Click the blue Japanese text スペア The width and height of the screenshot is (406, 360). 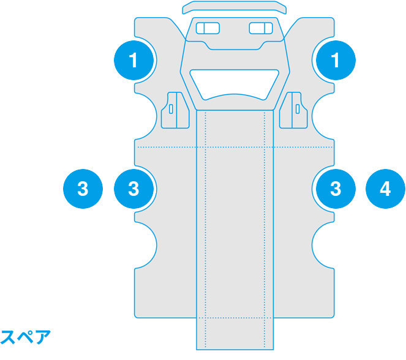point(25,337)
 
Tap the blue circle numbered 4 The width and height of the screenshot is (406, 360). point(385,189)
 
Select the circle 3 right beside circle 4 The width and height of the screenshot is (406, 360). point(336,189)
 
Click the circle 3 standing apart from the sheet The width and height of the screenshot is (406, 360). point(83,189)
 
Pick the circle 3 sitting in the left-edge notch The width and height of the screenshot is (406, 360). point(133,189)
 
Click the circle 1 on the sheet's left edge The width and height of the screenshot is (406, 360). point(133,60)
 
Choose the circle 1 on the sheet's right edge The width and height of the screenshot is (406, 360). point(336,60)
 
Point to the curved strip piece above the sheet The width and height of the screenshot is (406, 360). point(235,7)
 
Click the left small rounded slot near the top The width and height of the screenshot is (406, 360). point(208,28)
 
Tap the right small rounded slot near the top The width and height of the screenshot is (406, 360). point(261,28)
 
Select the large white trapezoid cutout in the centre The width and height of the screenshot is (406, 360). point(235,84)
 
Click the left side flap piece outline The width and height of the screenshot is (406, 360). point(175,110)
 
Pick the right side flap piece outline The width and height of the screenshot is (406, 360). point(293,110)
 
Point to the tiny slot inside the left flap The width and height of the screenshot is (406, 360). point(171,109)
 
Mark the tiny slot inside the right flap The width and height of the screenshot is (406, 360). point(298,109)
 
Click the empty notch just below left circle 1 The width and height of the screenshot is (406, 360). point(146,116)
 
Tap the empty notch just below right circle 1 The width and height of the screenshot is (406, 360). point(323,116)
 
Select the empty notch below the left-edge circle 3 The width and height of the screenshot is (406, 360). point(146,246)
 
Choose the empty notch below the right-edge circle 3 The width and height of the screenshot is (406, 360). point(323,246)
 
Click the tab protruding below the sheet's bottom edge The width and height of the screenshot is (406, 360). point(235,334)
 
